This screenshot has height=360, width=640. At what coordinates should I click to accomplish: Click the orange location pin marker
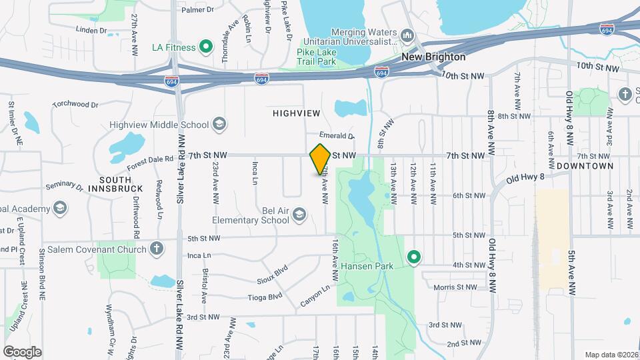[320, 159]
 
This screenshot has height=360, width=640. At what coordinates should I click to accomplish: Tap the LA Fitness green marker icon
[206, 47]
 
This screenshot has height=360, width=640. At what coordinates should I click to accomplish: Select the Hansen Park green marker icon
[413, 257]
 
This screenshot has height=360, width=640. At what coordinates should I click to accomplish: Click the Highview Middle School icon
[219, 123]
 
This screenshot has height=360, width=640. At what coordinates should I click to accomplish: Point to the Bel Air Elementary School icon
[299, 214]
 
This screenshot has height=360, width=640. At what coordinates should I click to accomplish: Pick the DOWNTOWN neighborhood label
[585, 165]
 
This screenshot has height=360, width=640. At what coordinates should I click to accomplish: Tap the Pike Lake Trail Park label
[307, 56]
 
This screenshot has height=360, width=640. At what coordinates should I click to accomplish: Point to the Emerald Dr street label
[337, 135]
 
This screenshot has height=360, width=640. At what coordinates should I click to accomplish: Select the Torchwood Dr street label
[75, 104]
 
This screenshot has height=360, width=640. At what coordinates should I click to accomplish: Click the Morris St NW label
[455, 287]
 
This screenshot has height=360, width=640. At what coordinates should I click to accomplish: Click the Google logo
[22, 351]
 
